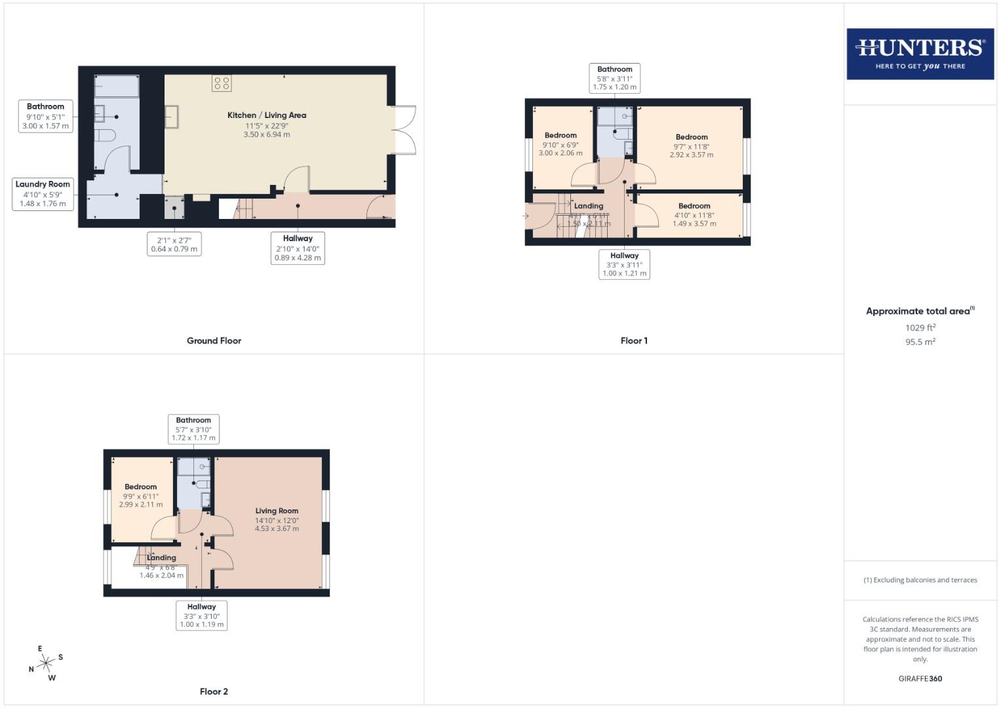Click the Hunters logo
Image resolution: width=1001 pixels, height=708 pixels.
(x=920, y=54)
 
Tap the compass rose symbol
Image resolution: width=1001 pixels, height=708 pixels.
(x=45, y=663)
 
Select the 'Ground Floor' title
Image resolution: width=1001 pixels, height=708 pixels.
(x=214, y=341)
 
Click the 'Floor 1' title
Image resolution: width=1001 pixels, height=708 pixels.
(x=634, y=341)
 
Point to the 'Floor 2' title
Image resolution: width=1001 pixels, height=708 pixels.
(x=214, y=692)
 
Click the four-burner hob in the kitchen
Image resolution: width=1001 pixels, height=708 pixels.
(x=221, y=83)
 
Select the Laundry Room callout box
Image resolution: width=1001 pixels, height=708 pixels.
(x=43, y=193)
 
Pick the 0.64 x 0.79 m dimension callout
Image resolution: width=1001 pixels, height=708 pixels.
(x=174, y=245)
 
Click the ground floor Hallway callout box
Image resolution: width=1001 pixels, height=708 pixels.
(x=298, y=248)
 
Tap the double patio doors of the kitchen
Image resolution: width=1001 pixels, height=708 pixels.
(x=406, y=129)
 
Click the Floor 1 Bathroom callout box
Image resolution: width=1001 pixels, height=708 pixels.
(x=614, y=78)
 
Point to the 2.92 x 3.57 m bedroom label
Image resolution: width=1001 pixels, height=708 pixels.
(x=692, y=146)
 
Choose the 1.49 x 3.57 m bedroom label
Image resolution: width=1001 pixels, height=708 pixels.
(x=694, y=214)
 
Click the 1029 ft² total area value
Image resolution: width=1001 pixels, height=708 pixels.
(x=920, y=328)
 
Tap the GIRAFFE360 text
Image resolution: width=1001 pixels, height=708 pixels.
(x=920, y=678)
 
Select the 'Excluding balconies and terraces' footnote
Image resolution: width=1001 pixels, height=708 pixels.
(x=920, y=580)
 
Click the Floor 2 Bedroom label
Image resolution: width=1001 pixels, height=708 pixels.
(x=141, y=496)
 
